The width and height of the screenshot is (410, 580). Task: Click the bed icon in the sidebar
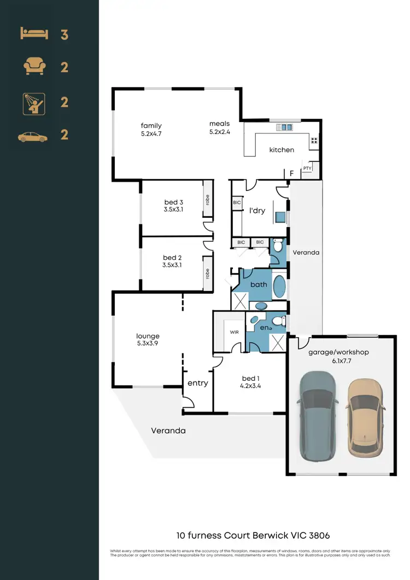34,34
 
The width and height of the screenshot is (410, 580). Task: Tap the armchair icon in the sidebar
34,67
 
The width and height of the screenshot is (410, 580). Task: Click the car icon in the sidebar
33,137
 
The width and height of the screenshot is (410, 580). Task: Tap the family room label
151,125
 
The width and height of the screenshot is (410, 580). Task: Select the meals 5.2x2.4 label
219,127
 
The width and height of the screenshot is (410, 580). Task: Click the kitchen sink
284,127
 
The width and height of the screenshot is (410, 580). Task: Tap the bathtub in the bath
278,287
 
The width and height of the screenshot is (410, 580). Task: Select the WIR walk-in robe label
234,332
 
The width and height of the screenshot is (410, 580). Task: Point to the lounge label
148,336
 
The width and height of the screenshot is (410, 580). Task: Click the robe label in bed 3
207,200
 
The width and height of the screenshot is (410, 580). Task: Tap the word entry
197,383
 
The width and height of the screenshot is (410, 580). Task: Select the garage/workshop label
338,352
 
